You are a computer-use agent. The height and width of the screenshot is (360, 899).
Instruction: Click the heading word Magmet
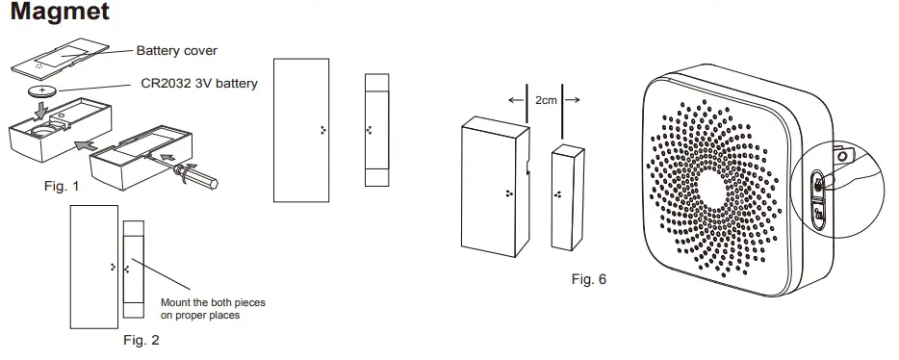click(59, 13)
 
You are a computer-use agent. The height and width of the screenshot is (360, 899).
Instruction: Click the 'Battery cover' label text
click(176, 51)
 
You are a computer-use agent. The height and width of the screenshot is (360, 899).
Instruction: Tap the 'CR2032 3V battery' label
click(198, 84)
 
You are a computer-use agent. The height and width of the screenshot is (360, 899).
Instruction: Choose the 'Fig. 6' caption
click(589, 279)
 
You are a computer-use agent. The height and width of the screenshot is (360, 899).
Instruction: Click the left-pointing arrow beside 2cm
click(515, 98)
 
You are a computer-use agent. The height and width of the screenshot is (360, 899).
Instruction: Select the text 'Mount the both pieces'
click(213, 302)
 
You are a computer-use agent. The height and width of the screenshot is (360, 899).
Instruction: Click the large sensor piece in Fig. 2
click(93, 265)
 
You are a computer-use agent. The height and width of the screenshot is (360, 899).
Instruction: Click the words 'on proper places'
click(199, 315)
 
